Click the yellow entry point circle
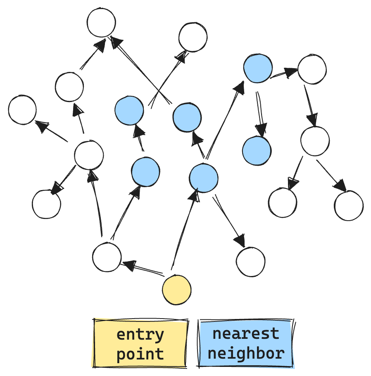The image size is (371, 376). point(177,290)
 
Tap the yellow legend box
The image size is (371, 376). point(140,343)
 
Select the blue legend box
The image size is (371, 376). point(246,343)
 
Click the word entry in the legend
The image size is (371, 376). point(140,334)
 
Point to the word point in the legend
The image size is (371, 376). point(140,354)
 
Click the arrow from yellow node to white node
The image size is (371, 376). point(143,268)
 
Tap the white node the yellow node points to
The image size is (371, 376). point(107,257)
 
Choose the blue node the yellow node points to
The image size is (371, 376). point(203,178)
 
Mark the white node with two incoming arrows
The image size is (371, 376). point(101,23)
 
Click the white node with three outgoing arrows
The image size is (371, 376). point(88,155)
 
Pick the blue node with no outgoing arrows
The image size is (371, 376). point(257,151)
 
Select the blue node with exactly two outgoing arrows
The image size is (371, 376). point(258,68)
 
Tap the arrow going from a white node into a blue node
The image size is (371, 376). point(125,212)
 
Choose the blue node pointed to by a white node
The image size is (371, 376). point(145,171)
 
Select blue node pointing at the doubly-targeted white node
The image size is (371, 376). point(187,117)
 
